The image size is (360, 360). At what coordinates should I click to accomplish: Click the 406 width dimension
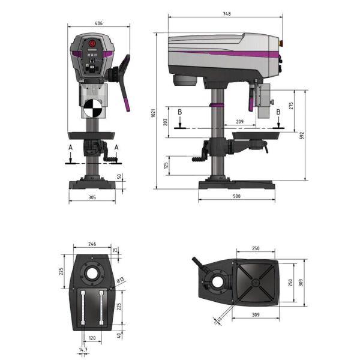point(99,23)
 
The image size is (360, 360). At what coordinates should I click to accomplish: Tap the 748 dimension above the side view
point(226,13)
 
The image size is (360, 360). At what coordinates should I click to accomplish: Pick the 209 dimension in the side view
point(240,122)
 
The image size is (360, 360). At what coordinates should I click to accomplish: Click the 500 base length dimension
point(236,196)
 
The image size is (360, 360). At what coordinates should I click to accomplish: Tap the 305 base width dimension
point(91,196)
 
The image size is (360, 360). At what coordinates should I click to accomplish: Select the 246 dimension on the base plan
point(92,244)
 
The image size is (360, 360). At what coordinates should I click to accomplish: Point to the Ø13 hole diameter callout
point(120,280)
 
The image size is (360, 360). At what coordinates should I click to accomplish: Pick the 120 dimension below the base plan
point(92,338)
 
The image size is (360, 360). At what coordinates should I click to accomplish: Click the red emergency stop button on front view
point(92,44)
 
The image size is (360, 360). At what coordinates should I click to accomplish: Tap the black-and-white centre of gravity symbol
point(93,109)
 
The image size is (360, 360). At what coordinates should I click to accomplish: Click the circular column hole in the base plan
point(93,274)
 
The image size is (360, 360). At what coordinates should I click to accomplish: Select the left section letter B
point(179,112)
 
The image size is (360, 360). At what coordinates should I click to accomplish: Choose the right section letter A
point(116,147)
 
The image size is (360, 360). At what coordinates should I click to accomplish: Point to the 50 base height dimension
point(120,177)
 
